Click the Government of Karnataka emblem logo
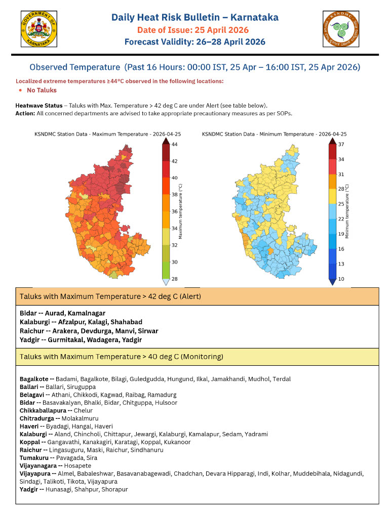pos(39,30)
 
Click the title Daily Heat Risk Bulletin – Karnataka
pos(195,18)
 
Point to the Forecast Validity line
pos(195,41)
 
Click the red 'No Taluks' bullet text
pos(42,90)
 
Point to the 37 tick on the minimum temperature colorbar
pos(341,145)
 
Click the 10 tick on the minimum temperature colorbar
pos(341,279)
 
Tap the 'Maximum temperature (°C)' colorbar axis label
pos(181,212)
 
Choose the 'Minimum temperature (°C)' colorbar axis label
pos(347,212)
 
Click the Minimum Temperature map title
pos(274,135)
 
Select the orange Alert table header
pos(197,296)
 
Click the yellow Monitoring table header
pos(197,357)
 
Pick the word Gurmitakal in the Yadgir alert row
pos(66,339)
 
